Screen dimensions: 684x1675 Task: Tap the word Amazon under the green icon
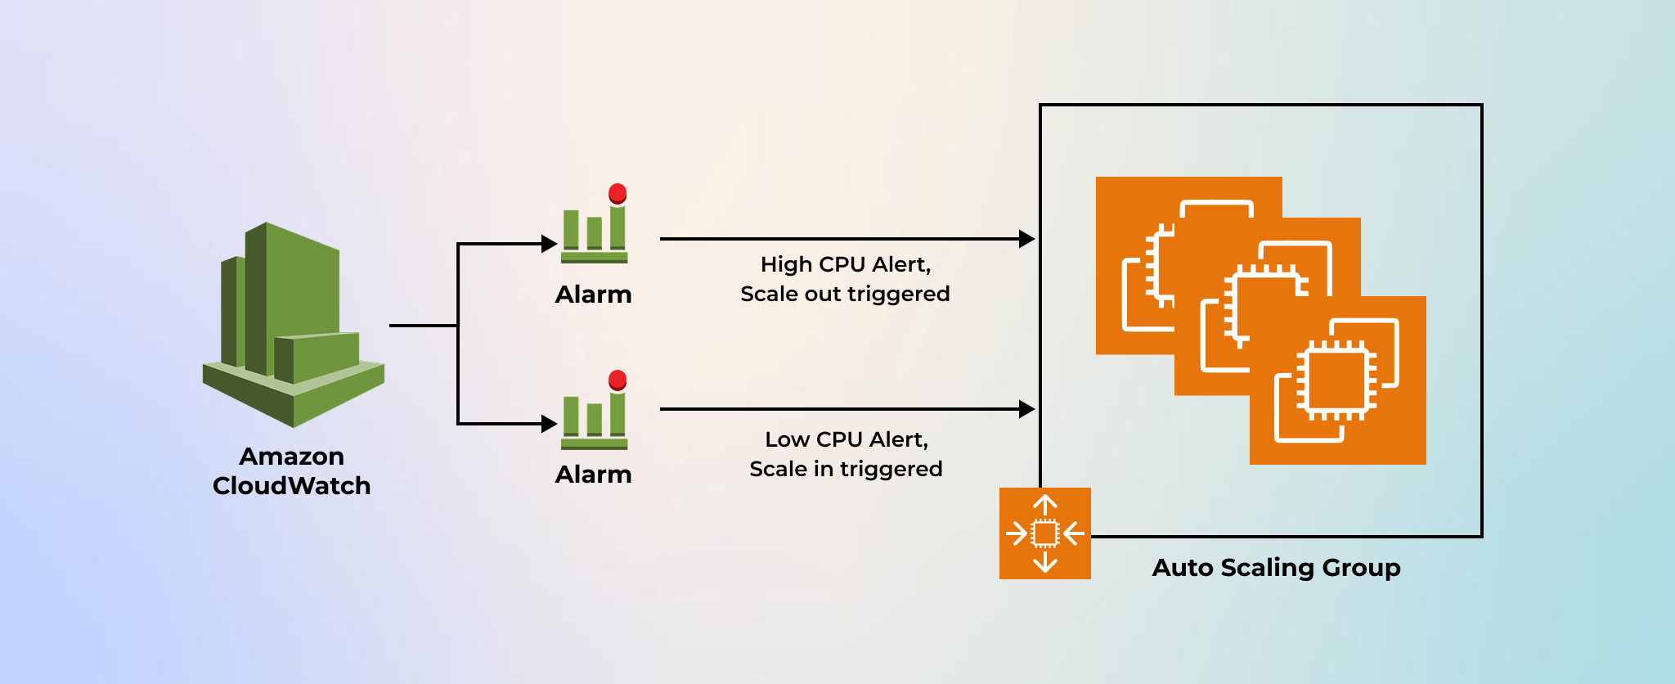(291, 456)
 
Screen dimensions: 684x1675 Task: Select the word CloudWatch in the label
(291, 486)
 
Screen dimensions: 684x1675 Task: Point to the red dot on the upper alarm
(617, 193)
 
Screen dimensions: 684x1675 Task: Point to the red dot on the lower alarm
(617, 380)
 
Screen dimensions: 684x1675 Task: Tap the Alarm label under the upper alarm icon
(593, 295)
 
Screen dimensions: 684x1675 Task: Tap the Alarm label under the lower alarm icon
(593, 475)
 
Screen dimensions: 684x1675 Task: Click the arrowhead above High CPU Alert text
(1027, 239)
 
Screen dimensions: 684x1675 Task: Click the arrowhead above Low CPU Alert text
(1027, 409)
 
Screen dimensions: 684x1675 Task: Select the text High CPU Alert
(846, 264)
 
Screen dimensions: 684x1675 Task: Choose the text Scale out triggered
(845, 294)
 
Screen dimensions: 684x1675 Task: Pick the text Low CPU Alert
(846, 439)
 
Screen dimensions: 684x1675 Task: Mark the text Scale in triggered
(846, 469)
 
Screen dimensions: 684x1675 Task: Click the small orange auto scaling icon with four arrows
(1045, 533)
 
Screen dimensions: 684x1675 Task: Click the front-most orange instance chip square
(1338, 380)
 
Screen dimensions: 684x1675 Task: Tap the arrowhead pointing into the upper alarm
(550, 244)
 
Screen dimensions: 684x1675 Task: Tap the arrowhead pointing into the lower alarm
(550, 424)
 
